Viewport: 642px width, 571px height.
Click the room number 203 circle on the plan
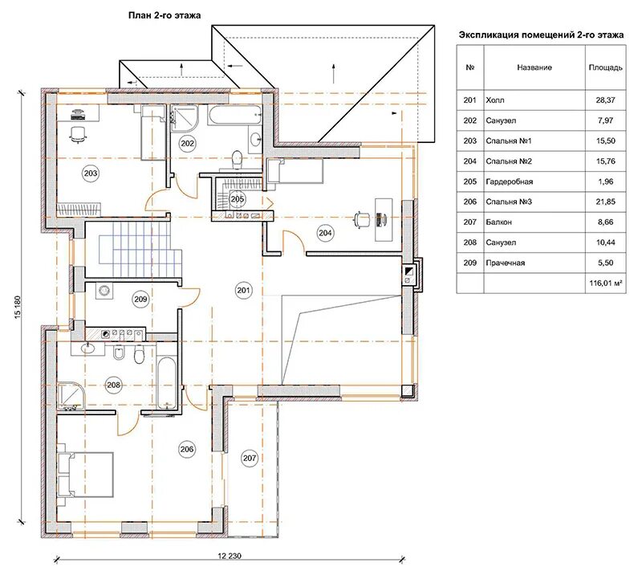[x=91, y=173]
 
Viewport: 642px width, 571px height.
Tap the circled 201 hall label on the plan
[x=244, y=291]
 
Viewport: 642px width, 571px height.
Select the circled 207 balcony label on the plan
[x=250, y=458]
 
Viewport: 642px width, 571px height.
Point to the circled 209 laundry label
[x=140, y=299]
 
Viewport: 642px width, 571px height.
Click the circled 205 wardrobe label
[x=237, y=199]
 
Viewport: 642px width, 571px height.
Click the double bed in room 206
[x=86, y=475]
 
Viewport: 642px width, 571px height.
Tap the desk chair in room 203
[x=78, y=134]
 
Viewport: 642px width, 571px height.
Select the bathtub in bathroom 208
[x=167, y=383]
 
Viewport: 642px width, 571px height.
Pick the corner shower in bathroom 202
[x=185, y=118]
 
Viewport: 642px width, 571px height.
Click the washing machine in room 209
[x=104, y=291]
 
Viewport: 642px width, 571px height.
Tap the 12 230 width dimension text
[x=230, y=556]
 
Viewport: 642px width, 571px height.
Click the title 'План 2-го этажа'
[x=165, y=15]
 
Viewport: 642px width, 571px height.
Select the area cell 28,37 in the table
[x=605, y=100]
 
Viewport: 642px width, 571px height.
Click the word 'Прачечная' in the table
[x=506, y=263]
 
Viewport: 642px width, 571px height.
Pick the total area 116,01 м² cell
[x=606, y=283]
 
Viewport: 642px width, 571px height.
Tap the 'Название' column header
[x=534, y=67]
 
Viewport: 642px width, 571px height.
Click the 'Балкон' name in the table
[x=498, y=222]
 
